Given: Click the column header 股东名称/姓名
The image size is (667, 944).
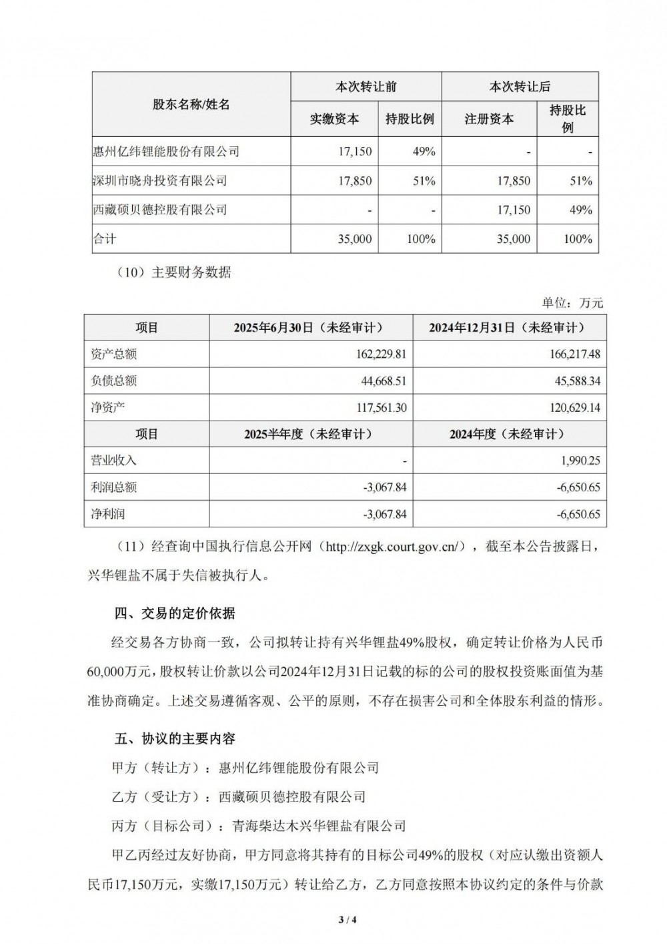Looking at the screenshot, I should coord(191,105).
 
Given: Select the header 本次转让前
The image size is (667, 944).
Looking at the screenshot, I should coord(366,87).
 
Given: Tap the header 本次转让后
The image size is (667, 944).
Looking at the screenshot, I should coord(520,87).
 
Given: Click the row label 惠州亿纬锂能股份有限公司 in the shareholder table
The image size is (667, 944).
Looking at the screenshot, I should coord(166,152).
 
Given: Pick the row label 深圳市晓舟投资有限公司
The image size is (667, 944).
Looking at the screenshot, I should coord(160,180).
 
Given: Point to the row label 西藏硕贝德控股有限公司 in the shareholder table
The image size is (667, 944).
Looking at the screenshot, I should coord(160,210).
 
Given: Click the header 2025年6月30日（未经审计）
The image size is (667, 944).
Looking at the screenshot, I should coord(309,328).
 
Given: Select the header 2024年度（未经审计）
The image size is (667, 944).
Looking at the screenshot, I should coord(507,435).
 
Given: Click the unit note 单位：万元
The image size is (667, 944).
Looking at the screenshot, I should coord(572,303).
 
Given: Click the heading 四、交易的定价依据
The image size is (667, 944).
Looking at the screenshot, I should coord(175,614).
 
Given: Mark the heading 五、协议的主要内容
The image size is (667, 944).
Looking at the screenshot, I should coord(175,739).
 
